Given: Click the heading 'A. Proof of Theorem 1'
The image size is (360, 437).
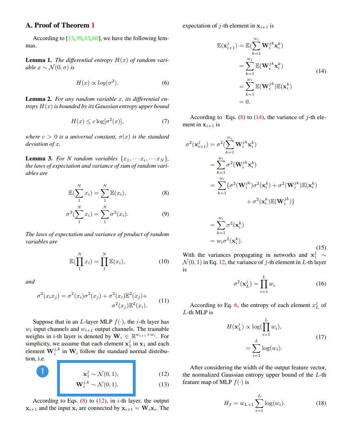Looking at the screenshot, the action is pos(60,25).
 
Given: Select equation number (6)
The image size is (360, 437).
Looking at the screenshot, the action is pos(165,83).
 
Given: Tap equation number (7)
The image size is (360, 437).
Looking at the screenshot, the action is pos(165,121).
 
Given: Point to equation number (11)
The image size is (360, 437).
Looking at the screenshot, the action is pos(164,301).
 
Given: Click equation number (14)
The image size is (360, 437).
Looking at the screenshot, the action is pos(320,71).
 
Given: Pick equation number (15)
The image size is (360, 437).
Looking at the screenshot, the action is pos(320,247).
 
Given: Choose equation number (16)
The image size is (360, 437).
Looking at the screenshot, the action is pos(320,284).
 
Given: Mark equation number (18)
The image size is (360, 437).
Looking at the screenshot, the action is pos(320,403).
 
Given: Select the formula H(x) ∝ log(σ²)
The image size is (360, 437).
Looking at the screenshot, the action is pos(98,83).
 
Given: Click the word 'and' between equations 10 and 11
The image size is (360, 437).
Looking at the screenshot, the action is pos(30,281).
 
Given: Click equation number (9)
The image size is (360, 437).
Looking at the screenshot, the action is pos(165,215).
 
